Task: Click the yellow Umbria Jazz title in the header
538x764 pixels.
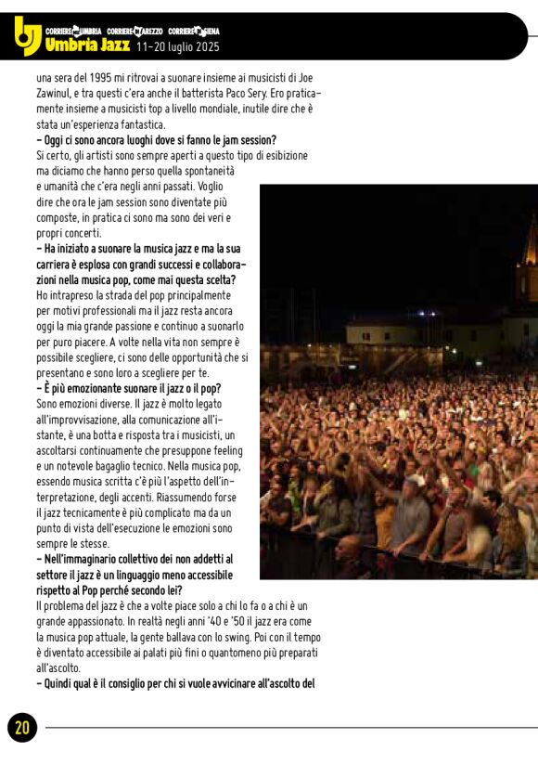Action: [x=87, y=45]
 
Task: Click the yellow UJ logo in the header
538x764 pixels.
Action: [x=27, y=36]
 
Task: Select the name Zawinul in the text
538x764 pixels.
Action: [x=57, y=94]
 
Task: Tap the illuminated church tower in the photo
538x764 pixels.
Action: [x=530, y=260]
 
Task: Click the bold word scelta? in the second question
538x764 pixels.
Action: [x=212, y=278]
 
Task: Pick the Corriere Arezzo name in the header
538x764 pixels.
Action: [x=135, y=31]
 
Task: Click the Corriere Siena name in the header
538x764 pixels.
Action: [x=195, y=31]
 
